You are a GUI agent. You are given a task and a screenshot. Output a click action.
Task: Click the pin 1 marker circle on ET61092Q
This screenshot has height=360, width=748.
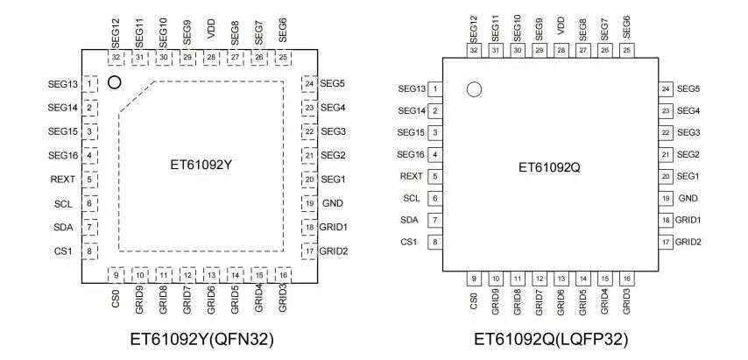pyautogui.click(x=474, y=89)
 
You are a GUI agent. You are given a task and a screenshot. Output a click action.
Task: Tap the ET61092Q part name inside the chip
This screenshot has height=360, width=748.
pyautogui.click(x=549, y=166)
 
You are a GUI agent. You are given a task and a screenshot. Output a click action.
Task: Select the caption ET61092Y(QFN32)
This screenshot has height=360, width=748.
pyautogui.click(x=200, y=338)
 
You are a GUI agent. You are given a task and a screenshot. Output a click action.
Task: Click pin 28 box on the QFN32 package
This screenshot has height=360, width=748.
pyautogui.click(x=211, y=57)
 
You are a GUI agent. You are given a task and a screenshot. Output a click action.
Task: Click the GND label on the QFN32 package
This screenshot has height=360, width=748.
pyautogui.click(x=332, y=203)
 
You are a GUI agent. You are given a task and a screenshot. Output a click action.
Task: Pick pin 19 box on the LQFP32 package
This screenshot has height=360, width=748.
pyautogui.click(x=666, y=198)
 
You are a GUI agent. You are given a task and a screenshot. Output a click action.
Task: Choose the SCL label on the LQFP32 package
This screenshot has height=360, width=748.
pyautogui.click(x=411, y=198)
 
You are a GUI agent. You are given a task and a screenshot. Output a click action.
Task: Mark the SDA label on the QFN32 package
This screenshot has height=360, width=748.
pyautogui.click(x=65, y=228)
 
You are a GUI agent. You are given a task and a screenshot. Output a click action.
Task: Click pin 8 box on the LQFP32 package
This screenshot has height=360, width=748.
pyautogui.click(x=434, y=242)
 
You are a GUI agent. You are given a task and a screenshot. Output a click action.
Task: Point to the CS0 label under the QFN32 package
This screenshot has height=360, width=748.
pyautogui.click(x=116, y=300)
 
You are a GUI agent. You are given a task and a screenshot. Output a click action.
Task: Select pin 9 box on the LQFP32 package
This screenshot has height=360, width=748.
pyautogui.click(x=474, y=278)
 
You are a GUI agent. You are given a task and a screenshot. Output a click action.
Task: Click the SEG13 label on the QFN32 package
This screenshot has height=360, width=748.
pyautogui.click(x=63, y=84)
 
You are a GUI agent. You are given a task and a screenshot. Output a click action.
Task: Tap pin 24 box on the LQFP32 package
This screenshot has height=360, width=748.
pyautogui.click(x=666, y=89)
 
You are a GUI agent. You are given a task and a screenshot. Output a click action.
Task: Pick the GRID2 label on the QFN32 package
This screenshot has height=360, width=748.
pyautogui.click(x=334, y=251)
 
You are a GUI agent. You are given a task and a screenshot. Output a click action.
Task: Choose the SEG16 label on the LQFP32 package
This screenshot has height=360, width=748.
pyautogui.click(x=411, y=154)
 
